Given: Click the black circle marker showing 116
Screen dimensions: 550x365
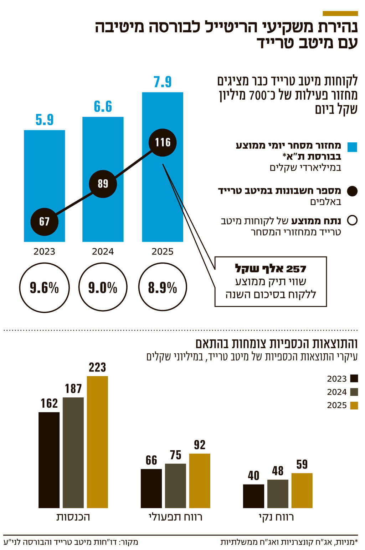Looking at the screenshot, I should click(x=163, y=142).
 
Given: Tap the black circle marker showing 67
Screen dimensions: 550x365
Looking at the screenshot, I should click(x=44, y=221).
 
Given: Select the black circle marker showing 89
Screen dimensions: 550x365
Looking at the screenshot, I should click(x=103, y=184).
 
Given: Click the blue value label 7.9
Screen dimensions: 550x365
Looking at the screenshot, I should click(x=163, y=82).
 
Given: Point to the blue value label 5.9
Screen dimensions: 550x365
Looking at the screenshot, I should click(x=44, y=120).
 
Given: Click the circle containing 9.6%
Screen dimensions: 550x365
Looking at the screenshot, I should click(x=44, y=287).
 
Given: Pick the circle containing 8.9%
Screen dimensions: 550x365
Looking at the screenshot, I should click(x=163, y=287).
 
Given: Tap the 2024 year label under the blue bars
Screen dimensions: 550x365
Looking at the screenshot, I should click(x=103, y=252).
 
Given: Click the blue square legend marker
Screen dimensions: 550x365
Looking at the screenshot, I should click(x=352, y=147).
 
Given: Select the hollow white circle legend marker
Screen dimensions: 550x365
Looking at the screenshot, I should click(x=352, y=221).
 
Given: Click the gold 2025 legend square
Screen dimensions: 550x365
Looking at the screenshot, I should click(x=354, y=406).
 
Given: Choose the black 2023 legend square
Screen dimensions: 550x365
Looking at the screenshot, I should click(x=354, y=379).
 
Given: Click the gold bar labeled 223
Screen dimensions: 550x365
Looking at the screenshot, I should click(x=97, y=441).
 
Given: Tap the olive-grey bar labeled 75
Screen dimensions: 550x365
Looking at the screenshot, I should click(x=175, y=486).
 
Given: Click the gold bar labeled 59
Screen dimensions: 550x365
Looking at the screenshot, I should click(x=302, y=490).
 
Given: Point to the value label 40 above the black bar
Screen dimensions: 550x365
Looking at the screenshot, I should click(x=253, y=476).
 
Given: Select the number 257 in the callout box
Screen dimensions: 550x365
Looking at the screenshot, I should click(x=296, y=269).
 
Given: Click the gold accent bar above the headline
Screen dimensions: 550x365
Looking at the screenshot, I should click(x=340, y=14).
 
